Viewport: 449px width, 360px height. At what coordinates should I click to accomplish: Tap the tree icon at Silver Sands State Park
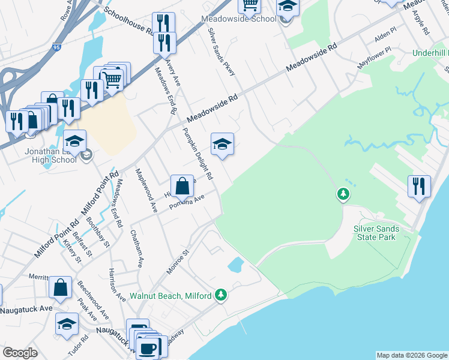coord(343,194)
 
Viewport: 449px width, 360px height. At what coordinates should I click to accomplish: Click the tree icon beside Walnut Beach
coord(221,295)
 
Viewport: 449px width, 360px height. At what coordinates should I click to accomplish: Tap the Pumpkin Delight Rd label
coord(198,154)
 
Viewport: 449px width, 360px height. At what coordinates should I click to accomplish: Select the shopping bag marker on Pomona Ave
coord(182,186)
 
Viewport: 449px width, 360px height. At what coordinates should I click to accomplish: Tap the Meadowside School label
coord(247,19)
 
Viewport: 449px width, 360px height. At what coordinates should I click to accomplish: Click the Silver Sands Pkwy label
coord(221,52)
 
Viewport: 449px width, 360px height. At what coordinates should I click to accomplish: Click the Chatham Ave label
coord(138,247)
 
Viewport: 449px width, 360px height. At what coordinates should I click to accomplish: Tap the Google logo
coord(20,353)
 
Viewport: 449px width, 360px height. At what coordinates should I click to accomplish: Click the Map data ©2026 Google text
coord(411,355)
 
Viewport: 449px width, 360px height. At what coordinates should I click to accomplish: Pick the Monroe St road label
coord(178,262)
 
